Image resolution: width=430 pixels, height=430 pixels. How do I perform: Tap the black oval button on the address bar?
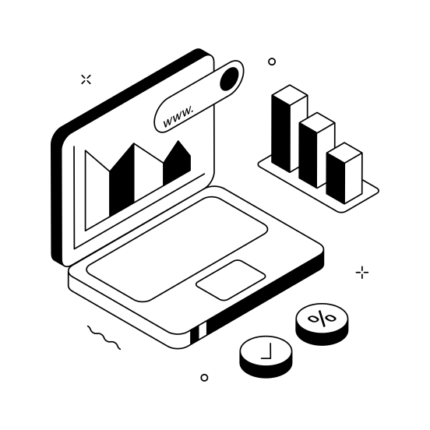[231, 79]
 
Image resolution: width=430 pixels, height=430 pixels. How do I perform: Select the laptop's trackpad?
[231, 279]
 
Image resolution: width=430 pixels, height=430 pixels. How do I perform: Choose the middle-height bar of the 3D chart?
[316, 152]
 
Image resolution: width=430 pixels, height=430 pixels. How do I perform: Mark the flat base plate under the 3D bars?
[366, 189]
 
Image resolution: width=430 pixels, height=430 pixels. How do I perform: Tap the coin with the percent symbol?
[321, 321]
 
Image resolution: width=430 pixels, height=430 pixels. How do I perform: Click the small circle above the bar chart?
[272, 61]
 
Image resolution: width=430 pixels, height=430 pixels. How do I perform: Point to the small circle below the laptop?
[204, 378]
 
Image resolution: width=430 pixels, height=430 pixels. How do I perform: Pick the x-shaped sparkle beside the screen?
[86, 79]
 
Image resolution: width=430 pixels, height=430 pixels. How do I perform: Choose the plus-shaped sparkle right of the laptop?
[362, 273]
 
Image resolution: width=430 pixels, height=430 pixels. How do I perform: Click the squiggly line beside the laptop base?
[104, 337]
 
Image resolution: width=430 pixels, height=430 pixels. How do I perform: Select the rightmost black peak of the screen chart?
[178, 167]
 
